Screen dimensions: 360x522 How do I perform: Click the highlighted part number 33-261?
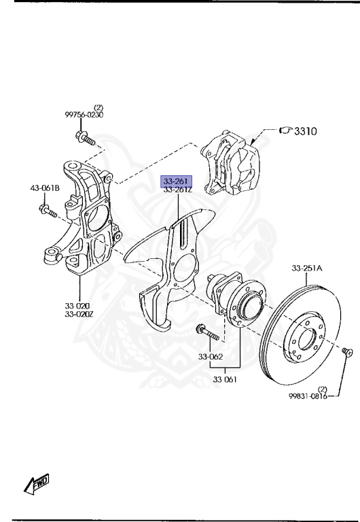(x=176, y=181)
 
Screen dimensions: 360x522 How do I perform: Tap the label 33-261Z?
(x=178, y=190)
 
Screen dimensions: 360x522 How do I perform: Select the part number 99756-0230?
(x=84, y=115)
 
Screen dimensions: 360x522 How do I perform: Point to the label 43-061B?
(x=45, y=188)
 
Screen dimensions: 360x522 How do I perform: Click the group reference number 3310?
(x=306, y=131)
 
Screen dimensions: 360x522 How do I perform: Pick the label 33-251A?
(x=307, y=268)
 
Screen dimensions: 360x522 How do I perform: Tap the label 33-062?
(x=211, y=357)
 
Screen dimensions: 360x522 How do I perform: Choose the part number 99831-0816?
(x=308, y=396)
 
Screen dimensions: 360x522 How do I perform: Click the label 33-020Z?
(x=79, y=314)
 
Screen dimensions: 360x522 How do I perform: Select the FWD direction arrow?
(x=37, y=484)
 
